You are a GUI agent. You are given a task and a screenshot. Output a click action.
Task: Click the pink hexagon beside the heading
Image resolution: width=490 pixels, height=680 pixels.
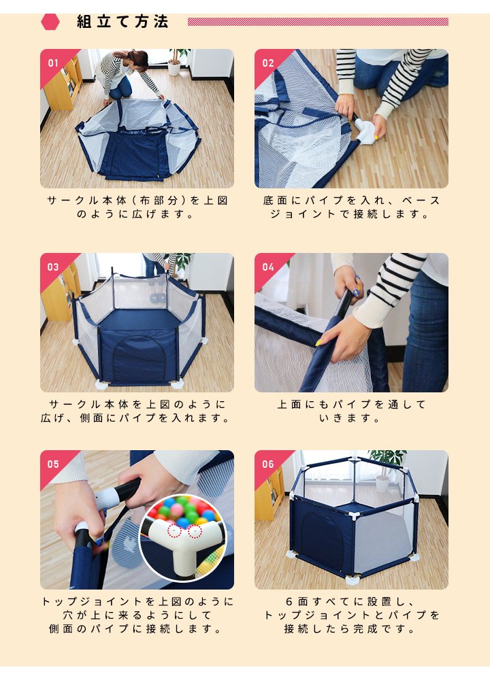[50, 22]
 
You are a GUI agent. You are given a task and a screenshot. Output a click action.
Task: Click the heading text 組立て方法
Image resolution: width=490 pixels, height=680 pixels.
[122, 22]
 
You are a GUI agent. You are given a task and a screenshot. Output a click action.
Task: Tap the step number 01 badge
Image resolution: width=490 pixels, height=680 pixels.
[53, 63]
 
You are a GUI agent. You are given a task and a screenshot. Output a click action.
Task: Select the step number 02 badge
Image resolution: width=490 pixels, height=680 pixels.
[267, 63]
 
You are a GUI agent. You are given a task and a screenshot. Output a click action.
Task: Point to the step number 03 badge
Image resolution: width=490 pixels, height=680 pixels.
[53, 267]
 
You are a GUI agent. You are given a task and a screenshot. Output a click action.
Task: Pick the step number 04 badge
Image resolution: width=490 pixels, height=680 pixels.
[267, 267]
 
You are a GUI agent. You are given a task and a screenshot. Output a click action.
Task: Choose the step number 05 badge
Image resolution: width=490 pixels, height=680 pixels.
[53, 464]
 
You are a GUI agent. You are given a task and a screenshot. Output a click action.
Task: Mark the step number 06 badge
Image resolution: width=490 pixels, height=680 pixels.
[267, 464]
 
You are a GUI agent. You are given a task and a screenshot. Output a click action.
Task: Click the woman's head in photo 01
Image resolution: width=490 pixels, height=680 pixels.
[136, 58]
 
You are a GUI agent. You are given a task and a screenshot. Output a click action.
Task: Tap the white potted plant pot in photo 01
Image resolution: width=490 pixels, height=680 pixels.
[174, 69]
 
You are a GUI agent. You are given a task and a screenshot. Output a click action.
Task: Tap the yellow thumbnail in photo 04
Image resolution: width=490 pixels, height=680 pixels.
[318, 343]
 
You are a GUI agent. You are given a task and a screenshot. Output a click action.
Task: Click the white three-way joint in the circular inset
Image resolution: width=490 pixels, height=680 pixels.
[181, 543]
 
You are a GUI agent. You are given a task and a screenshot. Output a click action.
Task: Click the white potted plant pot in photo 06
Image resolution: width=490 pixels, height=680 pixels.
[382, 484]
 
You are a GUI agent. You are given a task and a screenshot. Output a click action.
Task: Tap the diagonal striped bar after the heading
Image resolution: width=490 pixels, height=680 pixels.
[318, 22]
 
